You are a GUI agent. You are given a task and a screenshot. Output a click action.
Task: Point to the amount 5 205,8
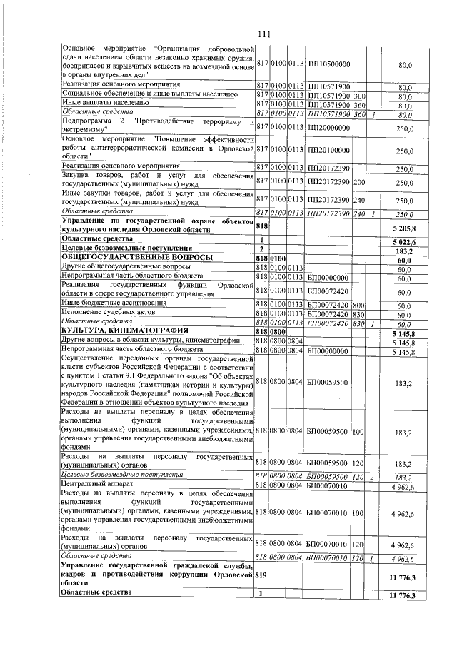pyautogui.click(x=403, y=226)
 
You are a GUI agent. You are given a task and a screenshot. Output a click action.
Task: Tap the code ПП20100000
pyautogui.click(x=328, y=151)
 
